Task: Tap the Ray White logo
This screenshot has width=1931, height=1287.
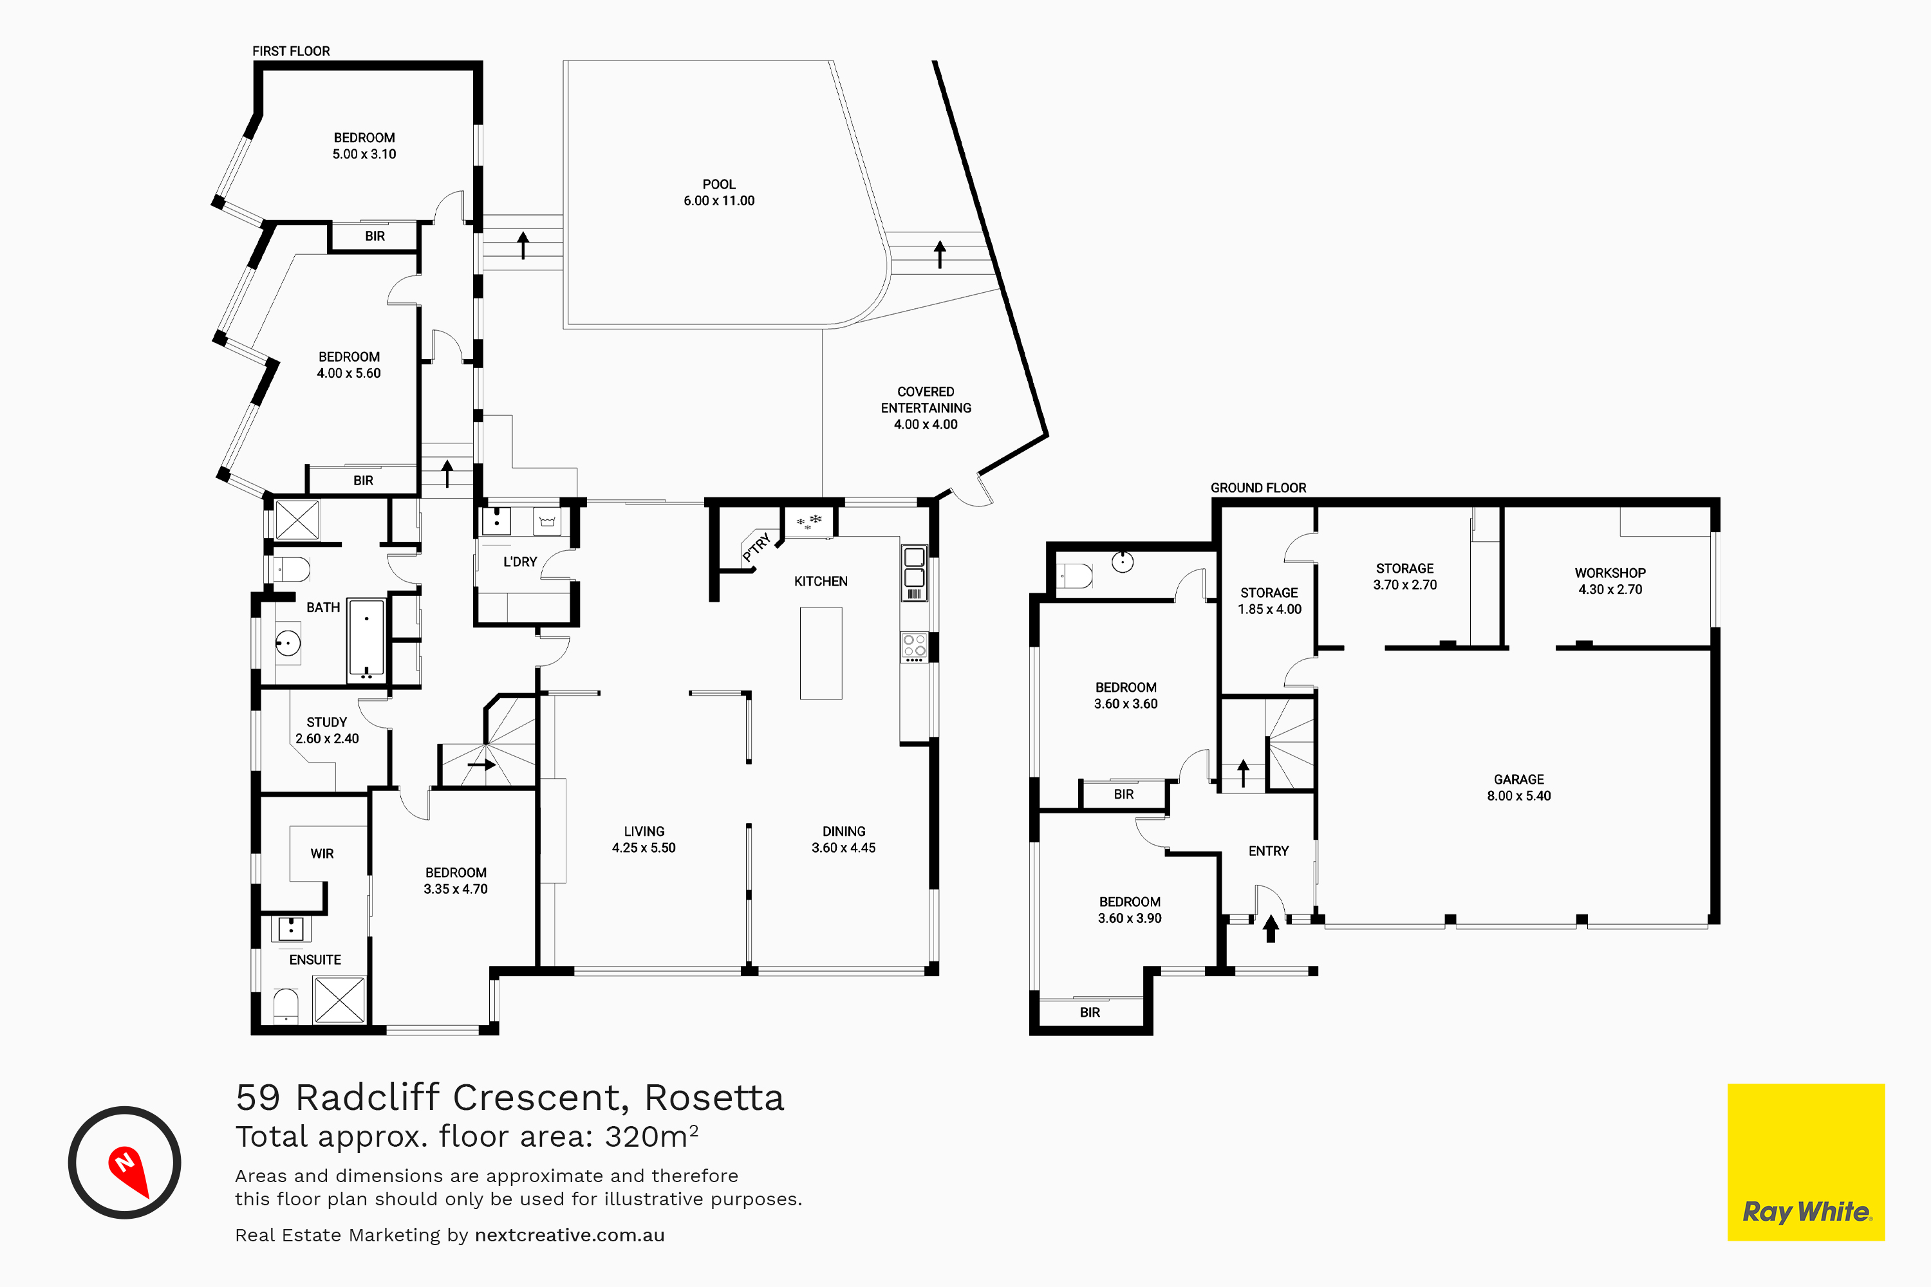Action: (1806, 1162)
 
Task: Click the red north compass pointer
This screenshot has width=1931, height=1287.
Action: (129, 1170)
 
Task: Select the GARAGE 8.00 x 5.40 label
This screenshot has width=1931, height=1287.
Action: (1519, 787)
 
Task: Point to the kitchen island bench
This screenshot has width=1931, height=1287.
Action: (821, 653)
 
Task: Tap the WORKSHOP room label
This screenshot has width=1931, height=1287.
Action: (1610, 573)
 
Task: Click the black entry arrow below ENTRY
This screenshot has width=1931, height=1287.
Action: (1271, 929)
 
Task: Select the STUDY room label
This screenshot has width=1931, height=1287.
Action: (327, 722)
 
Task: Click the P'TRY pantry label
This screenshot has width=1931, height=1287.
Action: (756, 548)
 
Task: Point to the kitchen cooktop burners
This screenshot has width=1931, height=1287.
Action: (915, 647)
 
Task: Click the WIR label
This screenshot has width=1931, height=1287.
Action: (322, 854)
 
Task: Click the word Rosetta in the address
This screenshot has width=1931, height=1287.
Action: (714, 1097)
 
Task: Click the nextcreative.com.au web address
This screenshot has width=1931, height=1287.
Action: (570, 1236)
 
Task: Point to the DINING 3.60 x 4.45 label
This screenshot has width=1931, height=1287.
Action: (844, 840)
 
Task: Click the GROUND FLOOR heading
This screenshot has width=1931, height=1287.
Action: (1258, 488)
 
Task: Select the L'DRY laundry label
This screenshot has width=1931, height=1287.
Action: (519, 561)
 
